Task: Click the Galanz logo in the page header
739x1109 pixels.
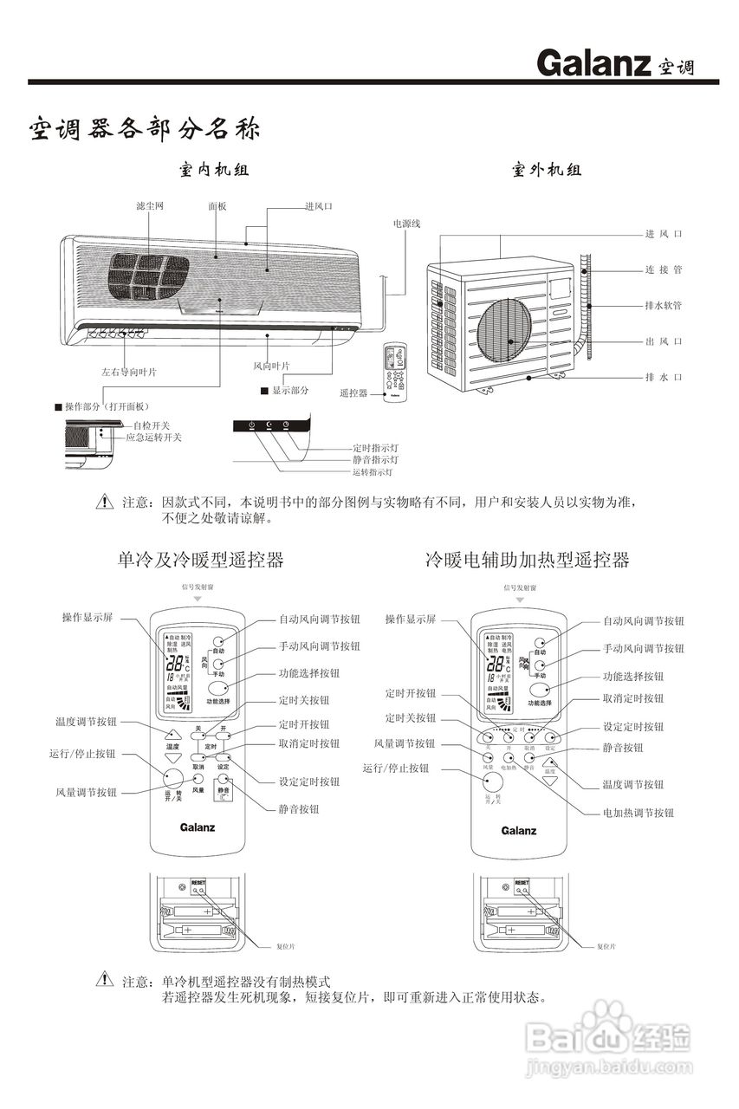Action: (593, 62)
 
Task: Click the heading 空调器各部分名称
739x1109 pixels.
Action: (143, 130)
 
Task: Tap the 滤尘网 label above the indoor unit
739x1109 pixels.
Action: (149, 206)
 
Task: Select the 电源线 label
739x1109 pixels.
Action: (406, 224)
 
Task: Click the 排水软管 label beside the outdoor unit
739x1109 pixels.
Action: (664, 306)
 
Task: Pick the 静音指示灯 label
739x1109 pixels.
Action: (373, 460)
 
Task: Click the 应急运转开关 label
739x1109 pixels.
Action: (153, 438)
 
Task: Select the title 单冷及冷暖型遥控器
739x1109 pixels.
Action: (200, 560)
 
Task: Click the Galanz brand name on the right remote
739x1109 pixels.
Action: (519, 831)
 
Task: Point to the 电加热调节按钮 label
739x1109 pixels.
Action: (639, 813)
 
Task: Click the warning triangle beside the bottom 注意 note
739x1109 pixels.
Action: (105, 980)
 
